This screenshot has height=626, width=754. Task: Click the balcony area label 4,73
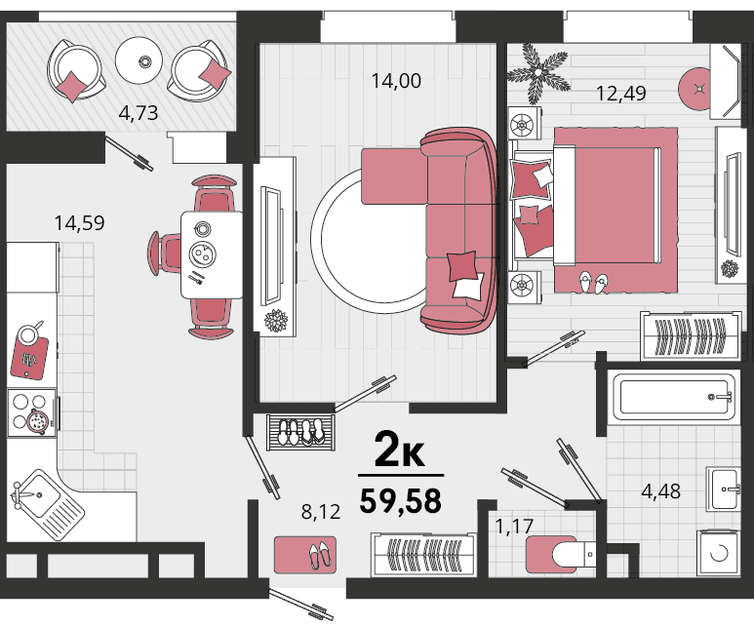click(x=138, y=113)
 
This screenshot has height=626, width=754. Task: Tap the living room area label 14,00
click(x=396, y=81)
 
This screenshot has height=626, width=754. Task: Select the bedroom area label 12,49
click(x=620, y=94)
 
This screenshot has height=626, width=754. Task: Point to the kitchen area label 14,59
click(x=79, y=223)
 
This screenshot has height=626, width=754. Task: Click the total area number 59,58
click(x=401, y=501)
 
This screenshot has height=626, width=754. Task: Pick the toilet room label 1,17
click(x=514, y=526)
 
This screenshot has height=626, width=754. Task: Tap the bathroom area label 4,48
click(x=660, y=491)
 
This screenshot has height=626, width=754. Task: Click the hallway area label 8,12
click(x=321, y=512)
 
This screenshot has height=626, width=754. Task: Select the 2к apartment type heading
click(x=400, y=450)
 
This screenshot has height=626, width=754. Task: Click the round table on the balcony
click(x=139, y=60)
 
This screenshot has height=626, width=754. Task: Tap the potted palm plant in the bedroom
click(x=537, y=73)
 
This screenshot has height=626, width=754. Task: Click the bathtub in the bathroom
click(x=672, y=397)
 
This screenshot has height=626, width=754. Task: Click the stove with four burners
click(x=33, y=412)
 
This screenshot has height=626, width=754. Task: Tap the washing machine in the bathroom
click(x=719, y=553)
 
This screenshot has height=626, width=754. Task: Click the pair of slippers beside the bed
click(x=593, y=283)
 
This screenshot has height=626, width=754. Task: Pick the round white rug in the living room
click(x=370, y=241)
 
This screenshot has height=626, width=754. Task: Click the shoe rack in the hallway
click(x=300, y=432)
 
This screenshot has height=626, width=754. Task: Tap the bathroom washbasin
click(x=724, y=489)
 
